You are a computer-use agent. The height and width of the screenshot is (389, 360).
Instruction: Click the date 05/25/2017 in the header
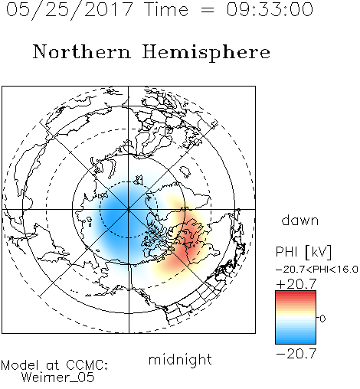70,10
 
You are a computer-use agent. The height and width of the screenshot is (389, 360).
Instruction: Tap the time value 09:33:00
270,9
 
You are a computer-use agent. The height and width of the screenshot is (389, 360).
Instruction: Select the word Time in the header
166,9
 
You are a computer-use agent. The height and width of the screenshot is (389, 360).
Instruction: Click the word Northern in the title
82,52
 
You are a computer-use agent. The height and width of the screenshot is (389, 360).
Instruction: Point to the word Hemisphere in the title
206,53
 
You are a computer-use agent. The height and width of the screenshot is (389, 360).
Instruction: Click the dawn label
300,220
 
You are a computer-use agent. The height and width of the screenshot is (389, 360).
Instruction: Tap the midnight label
180,359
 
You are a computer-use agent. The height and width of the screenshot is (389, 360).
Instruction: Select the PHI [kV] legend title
304,252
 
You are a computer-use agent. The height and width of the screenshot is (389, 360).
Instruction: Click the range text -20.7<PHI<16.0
317,270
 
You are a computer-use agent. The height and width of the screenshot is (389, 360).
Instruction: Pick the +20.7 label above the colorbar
296,284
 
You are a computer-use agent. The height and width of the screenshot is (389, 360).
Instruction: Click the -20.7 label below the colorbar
296,354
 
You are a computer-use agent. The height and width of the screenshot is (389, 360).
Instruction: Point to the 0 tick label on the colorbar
322,319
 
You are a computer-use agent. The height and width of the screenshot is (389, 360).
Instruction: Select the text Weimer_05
58,378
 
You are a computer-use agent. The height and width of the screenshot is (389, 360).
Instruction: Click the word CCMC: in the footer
87,365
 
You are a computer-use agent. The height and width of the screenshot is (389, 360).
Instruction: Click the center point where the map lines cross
129,209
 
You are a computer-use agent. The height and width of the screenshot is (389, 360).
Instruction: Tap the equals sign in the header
208,10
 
